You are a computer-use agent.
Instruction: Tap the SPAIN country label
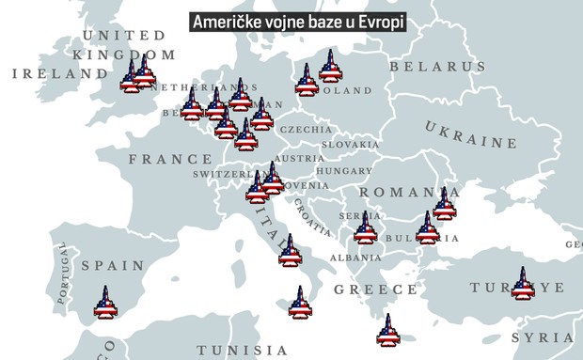[113, 266]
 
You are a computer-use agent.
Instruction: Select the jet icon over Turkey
[522, 283]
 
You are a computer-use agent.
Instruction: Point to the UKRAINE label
[470, 135]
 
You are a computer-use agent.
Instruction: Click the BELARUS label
[438, 67]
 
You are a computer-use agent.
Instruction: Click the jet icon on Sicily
[299, 304]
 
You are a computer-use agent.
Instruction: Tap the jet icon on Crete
[386, 330]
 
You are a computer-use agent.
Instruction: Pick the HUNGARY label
[344, 172]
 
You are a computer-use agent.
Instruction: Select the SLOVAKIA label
[350, 145]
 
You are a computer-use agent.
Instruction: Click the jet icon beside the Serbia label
[365, 227]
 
